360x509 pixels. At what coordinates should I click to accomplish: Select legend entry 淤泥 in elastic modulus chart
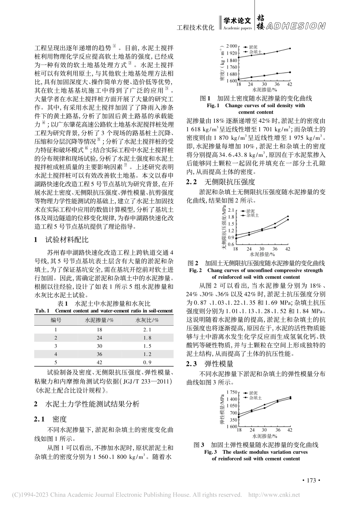[253, 393]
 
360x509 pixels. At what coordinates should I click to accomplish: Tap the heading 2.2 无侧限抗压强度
[221, 182]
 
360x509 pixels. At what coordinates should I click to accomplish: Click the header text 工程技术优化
[196, 28]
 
